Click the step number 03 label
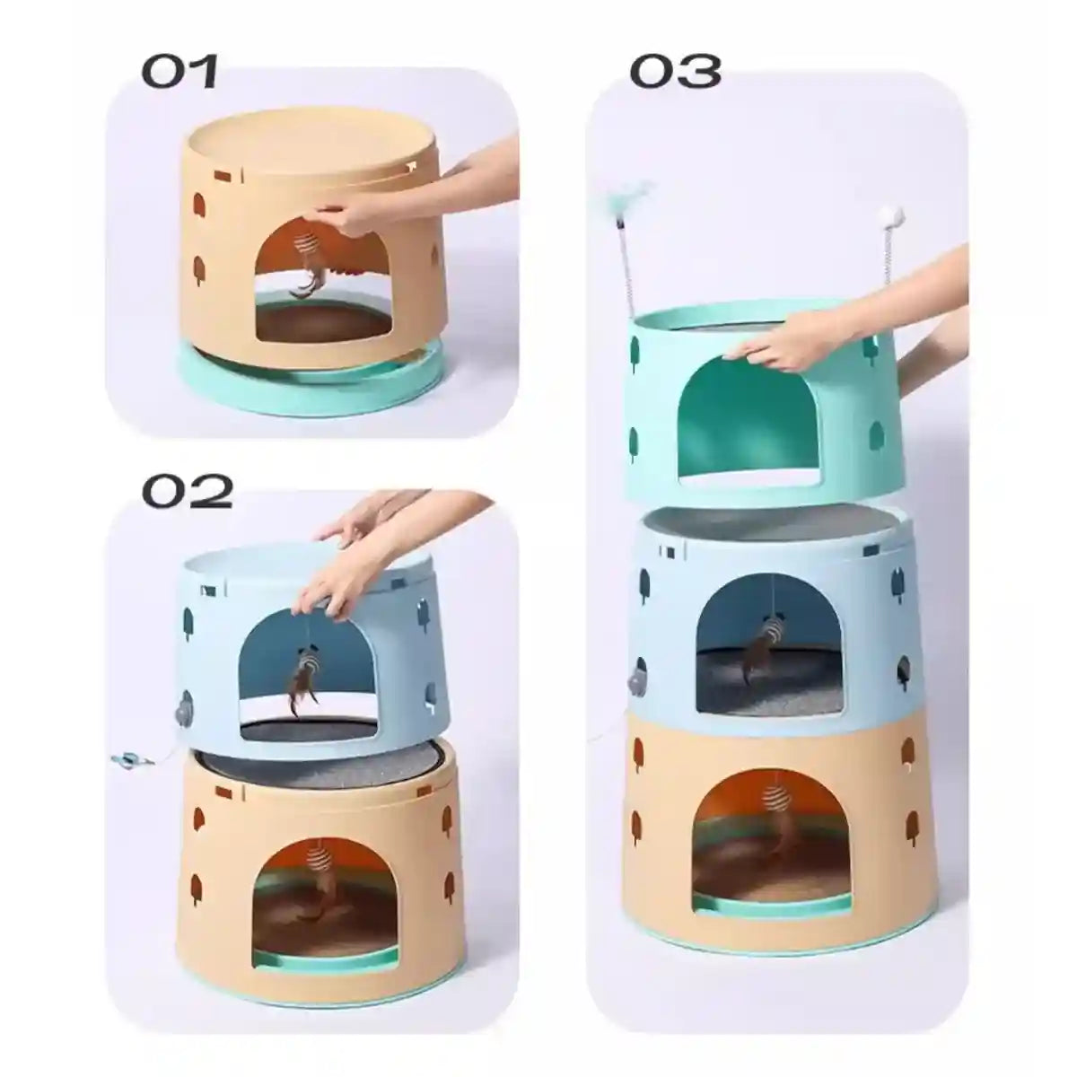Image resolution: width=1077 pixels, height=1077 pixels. (x=675, y=72)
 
